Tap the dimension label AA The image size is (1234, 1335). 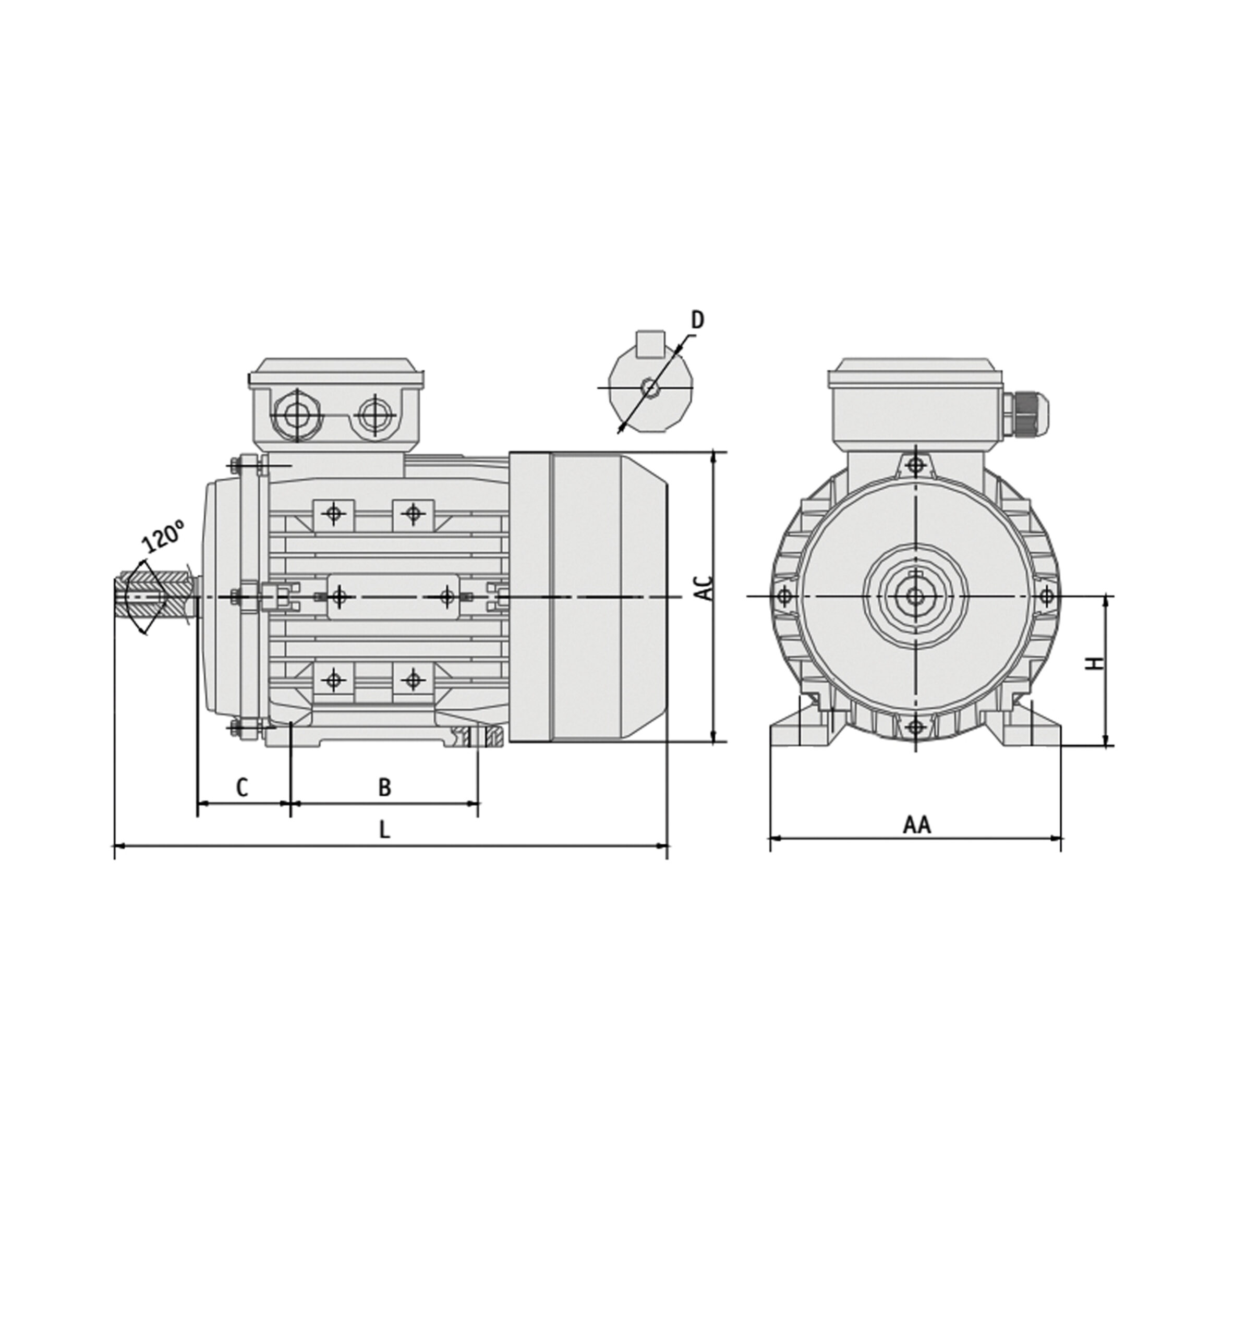point(917,825)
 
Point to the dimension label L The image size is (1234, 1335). point(384,830)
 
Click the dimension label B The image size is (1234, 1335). point(384,787)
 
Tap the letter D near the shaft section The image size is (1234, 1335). point(697,320)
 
